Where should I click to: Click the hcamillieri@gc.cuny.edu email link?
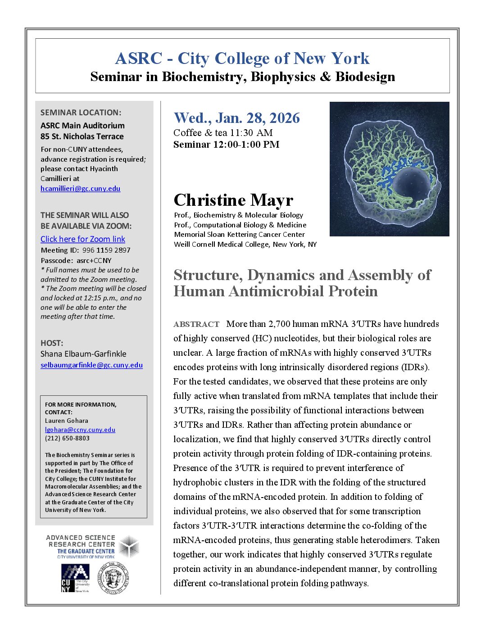pyautogui.click(x=80, y=188)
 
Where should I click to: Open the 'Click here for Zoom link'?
pyautogui.click(x=83, y=239)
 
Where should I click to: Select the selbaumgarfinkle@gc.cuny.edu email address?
pyautogui.click(x=91, y=365)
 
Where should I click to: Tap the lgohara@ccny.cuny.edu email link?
pyautogui.click(x=80, y=430)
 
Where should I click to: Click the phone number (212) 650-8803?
pyautogui.click(x=67, y=438)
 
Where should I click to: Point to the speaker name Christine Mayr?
pyautogui.click(x=233, y=200)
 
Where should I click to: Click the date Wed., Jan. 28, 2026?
pyautogui.click(x=236, y=118)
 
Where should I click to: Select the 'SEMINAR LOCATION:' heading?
pyautogui.click(x=81, y=113)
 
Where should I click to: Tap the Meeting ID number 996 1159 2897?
pyautogui.click(x=106, y=250)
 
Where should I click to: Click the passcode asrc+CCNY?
pyautogui.click(x=94, y=260)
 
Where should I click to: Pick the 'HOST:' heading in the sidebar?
pyautogui.click(x=52, y=343)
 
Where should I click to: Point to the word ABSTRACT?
pyautogui.click(x=196, y=324)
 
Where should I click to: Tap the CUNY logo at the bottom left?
pyautogui.click(x=75, y=578)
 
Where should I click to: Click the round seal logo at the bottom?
pyautogui.click(x=114, y=578)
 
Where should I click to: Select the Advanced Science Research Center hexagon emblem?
pyautogui.click(x=129, y=547)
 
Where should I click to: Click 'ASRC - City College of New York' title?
pyautogui.click(x=242, y=59)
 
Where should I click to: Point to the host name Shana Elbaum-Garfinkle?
pyautogui.click(x=83, y=354)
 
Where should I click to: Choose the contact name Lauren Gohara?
pyautogui.click(x=67, y=421)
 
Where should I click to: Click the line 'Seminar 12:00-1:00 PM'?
pyautogui.click(x=226, y=145)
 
